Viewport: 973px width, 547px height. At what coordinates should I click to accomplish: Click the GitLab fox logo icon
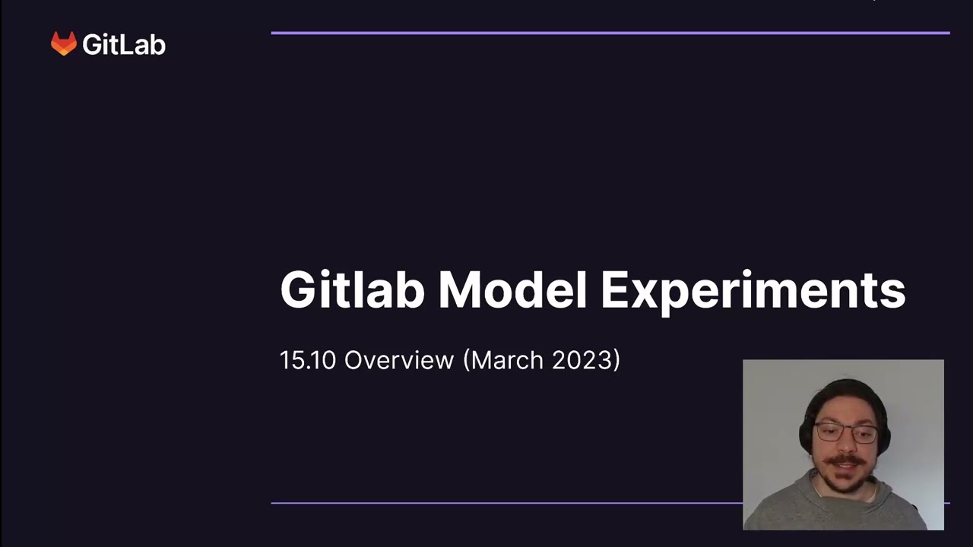click(64, 43)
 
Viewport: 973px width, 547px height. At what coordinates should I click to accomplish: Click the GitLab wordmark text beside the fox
click(124, 45)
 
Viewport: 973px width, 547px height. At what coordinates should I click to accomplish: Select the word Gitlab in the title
click(352, 290)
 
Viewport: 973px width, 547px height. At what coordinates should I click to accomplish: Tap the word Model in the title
click(512, 290)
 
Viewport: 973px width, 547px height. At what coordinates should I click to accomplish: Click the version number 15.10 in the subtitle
click(307, 360)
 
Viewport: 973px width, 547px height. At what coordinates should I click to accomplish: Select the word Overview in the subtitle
click(398, 360)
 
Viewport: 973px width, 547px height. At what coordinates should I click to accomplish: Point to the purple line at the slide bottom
click(502, 503)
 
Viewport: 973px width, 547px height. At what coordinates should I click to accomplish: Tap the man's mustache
click(845, 460)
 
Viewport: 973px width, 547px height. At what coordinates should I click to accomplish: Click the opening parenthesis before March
click(467, 360)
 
